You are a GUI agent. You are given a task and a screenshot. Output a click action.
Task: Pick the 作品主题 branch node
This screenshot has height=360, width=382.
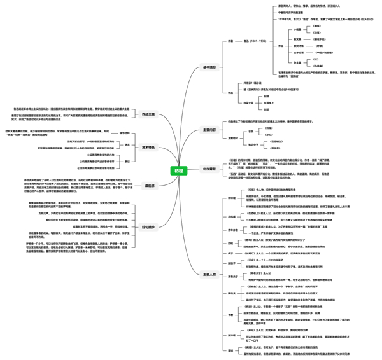[x=148, y=114]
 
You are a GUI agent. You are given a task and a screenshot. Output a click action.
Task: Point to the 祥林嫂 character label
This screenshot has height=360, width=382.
[x=231, y=198]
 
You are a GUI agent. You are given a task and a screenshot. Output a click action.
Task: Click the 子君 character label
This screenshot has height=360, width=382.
[x=231, y=315]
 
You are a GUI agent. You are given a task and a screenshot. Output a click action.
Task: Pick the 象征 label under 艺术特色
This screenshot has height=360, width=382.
[x=127, y=162]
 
